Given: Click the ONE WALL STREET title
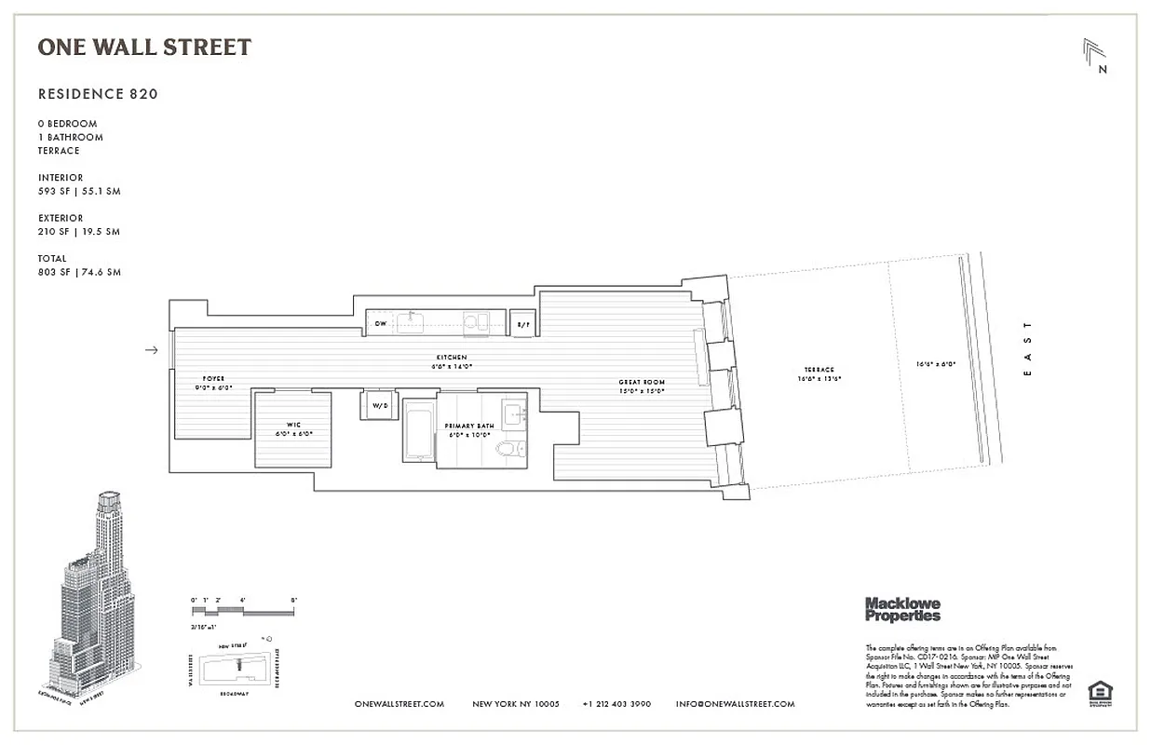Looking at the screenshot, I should (144, 47).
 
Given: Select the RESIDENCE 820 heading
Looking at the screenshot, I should (98, 94).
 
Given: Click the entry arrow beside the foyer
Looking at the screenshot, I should (152, 350).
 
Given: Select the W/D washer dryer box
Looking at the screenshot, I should (380, 406).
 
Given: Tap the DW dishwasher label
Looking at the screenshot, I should (381, 324).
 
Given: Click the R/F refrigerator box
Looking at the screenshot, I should (522, 323).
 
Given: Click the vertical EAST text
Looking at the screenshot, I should (1027, 349).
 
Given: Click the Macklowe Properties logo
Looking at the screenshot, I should (902, 609).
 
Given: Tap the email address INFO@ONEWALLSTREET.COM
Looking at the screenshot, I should (735, 704).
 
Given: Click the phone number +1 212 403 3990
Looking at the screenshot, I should (616, 704).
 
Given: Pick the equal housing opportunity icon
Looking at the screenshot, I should (1101, 692).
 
